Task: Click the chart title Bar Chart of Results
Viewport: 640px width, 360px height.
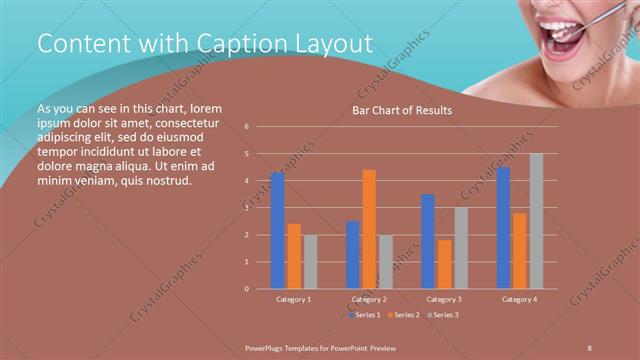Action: [402, 110]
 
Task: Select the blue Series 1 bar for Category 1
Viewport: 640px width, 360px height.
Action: [277, 231]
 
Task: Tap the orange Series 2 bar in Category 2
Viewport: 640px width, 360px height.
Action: [369, 229]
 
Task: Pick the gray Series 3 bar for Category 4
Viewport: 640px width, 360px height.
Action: [536, 221]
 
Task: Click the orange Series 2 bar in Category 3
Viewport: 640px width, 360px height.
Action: [444, 264]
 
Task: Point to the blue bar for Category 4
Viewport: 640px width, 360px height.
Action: [503, 228]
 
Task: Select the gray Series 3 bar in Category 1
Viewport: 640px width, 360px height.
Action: [310, 262]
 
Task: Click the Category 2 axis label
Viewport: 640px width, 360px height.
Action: [369, 299]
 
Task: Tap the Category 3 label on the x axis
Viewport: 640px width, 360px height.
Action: [444, 299]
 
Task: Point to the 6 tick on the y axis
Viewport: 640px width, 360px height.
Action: [247, 127]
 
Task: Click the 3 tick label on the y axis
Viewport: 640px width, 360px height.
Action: [247, 208]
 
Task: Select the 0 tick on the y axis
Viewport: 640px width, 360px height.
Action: [247, 289]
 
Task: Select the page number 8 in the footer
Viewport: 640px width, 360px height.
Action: [590, 346]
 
